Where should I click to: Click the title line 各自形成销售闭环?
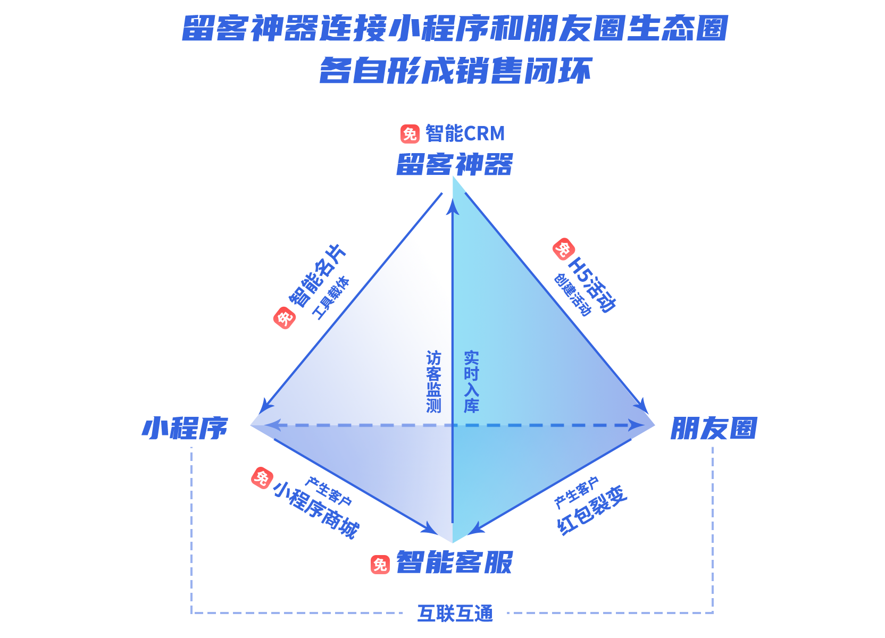point(455,71)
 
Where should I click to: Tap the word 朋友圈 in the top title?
point(574,29)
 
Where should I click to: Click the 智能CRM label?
point(465,133)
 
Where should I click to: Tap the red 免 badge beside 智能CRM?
point(410,134)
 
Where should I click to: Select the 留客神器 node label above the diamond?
point(455,164)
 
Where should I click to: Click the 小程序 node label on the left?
point(185,429)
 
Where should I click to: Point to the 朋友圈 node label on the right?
point(714,429)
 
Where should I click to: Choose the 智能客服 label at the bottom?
point(455,563)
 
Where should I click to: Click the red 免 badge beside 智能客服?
point(380,564)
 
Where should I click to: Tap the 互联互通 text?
point(455,613)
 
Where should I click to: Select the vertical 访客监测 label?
point(433,382)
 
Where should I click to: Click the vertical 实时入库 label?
point(471,382)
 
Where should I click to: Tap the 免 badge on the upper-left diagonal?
point(285,318)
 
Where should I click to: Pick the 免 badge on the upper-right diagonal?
point(563,249)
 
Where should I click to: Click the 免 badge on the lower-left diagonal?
point(262,478)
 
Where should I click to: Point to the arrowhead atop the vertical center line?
point(453,205)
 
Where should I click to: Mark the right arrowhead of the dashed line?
point(634,426)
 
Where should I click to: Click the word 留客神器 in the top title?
point(250,29)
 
